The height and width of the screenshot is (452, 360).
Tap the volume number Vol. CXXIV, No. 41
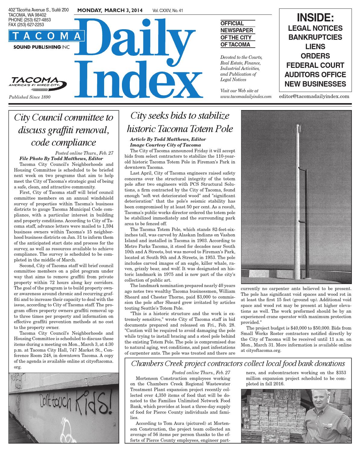168,11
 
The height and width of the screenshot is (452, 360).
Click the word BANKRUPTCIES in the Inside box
315,37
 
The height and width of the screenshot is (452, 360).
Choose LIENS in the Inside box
315,47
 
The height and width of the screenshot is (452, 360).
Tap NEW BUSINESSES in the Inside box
315,84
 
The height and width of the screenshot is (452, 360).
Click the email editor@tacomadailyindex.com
314,96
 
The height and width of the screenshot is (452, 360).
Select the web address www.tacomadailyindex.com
246,96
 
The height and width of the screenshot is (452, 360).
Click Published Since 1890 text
30,97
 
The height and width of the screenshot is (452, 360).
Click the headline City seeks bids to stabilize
180,116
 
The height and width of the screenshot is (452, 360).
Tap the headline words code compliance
64,142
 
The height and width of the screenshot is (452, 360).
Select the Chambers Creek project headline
238,363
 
